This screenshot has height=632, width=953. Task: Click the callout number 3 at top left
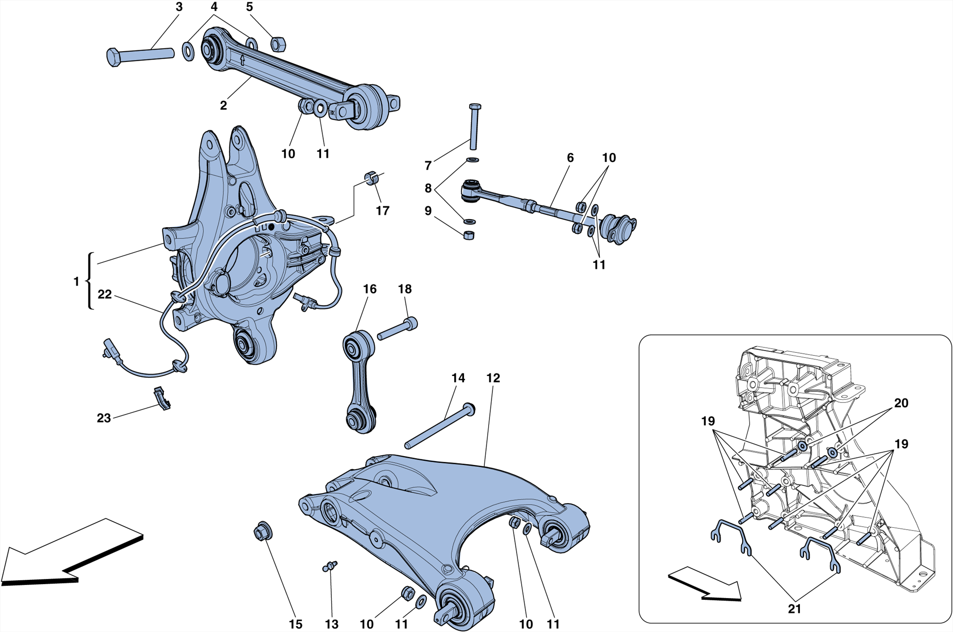(x=179, y=7)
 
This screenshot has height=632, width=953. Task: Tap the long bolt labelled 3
(x=140, y=55)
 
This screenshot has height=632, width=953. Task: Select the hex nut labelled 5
(x=278, y=44)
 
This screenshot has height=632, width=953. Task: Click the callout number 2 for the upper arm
(x=223, y=106)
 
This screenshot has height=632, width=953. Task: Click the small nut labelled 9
(x=469, y=235)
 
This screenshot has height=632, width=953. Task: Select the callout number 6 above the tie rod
(x=570, y=158)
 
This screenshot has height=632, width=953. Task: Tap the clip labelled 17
(x=371, y=178)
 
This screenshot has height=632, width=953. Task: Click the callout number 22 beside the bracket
(x=105, y=294)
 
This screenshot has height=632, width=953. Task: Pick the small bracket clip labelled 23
(x=161, y=398)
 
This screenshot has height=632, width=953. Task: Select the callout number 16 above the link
(x=369, y=289)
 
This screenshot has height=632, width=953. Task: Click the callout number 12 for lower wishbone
(x=493, y=378)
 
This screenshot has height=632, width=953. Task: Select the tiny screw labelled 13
(x=330, y=566)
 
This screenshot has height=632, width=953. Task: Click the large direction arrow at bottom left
(x=70, y=554)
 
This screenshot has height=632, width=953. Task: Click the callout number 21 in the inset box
(x=794, y=609)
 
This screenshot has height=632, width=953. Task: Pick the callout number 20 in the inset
(x=901, y=403)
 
